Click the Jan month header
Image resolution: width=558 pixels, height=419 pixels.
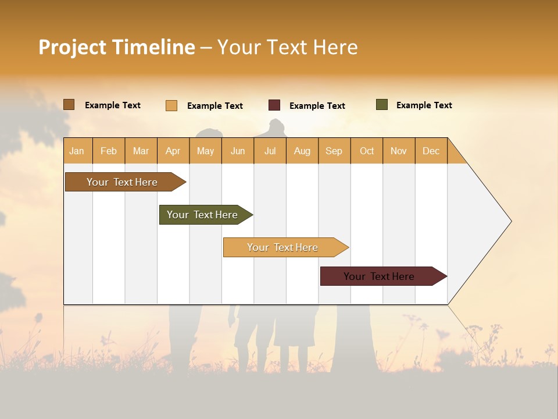pyautogui.click(x=77, y=151)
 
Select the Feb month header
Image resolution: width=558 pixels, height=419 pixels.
pyautogui.click(x=109, y=151)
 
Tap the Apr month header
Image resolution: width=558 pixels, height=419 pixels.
pyautogui.click(x=173, y=151)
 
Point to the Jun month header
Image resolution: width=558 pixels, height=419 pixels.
pyautogui.click(x=238, y=151)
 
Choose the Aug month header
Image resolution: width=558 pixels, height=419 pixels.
pyautogui.click(x=302, y=151)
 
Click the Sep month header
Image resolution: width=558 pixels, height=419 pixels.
pyautogui.click(x=334, y=151)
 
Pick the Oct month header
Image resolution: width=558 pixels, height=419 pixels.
pyautogui.click(x=367, y=151)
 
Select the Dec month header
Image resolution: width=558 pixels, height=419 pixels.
pyautogui.click(x=431, y=151)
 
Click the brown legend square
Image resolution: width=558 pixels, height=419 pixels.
pyautogui.click(x=69, y=105)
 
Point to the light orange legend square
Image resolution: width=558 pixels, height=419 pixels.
pyautogui.click(x=171, y=105)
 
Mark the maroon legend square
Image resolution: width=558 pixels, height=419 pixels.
pyautogui.click(x=274, y=105)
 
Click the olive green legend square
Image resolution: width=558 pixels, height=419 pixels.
pyautogui.click(x=382, y=105)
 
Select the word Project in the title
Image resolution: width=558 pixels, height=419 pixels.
pyautogui.click(x=73, y=47)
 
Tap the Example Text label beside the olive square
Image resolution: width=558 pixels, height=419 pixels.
pyautogui.click(x=424, y=105)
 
